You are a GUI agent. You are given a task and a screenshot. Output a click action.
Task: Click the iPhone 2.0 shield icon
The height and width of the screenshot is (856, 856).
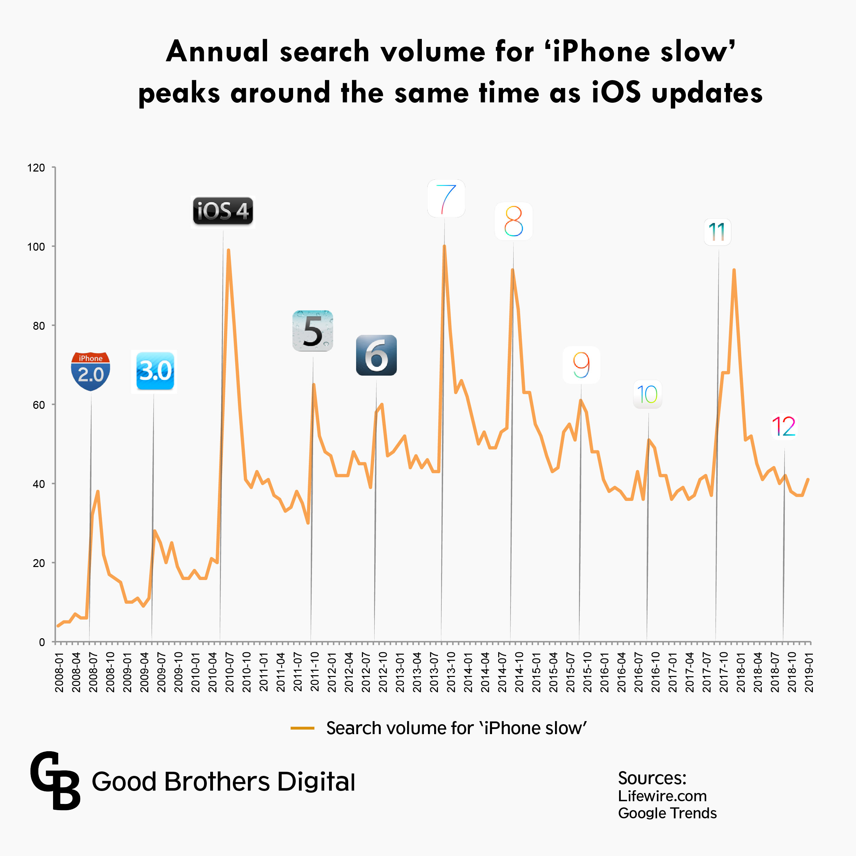(90, 371)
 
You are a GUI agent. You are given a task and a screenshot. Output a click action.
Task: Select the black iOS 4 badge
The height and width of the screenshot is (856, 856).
(223, 211)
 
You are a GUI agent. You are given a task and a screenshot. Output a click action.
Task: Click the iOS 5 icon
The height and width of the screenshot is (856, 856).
(313, 331)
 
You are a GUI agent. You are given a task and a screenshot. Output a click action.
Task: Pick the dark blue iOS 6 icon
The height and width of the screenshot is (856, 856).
(376, 355)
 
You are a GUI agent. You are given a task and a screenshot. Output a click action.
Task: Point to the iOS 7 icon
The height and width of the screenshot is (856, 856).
(446, 199)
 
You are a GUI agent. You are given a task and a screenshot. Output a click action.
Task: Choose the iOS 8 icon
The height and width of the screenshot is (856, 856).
(514, 222)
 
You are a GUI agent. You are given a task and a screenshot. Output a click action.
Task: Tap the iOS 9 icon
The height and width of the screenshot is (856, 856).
(581, 365)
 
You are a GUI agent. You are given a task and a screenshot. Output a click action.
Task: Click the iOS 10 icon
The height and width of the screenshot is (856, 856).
(647, 394)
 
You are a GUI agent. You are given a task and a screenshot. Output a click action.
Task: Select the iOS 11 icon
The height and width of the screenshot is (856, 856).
(717, 232)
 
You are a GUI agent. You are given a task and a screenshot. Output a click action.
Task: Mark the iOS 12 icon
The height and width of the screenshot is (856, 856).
(784, 426)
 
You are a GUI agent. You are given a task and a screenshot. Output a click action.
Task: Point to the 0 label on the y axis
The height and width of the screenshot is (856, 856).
(42, 642)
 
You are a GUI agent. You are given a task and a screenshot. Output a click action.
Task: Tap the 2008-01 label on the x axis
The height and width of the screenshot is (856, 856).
(59, 672)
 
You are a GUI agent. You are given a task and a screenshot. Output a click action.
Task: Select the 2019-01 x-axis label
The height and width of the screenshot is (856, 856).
(809, 672)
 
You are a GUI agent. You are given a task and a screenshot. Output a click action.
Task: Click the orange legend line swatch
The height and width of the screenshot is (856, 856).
(302, 728)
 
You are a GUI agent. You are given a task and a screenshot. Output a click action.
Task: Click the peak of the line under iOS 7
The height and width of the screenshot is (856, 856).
(444, 246)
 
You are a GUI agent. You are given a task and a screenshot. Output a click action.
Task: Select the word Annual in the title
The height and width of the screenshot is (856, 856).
(217, 51)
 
